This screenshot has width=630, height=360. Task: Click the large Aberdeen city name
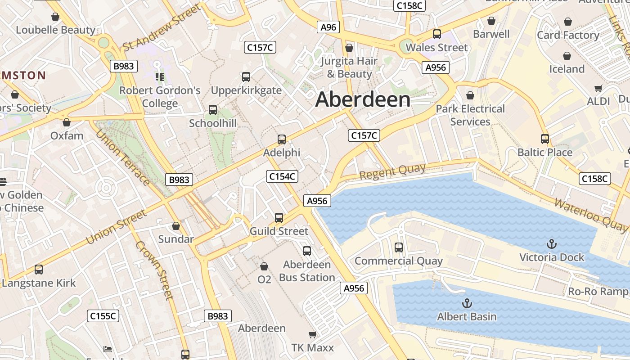click(363, 100)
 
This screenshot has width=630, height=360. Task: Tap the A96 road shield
click(328, 27)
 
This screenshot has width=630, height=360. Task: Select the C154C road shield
click(282, 176)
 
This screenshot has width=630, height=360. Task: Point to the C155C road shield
click(103, 316)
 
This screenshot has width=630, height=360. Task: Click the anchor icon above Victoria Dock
click(551, 244)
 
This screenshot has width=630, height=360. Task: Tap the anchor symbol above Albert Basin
click(467, 303)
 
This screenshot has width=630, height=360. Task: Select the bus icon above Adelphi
click(282, 139)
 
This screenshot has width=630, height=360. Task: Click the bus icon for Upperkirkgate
click(246, 77)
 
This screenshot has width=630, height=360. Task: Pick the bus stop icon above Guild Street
click(279, 218)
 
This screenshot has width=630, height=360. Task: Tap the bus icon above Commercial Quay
click(399, 247)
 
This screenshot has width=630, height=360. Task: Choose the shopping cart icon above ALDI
click(598, 88)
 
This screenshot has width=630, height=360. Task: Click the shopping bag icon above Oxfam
click(67, 122)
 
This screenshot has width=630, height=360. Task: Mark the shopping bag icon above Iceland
click(567, 56)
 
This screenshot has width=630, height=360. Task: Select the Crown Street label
click(154, 270)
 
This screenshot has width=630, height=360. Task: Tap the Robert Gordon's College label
click(160, 97)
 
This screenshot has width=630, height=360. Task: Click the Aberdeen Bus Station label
click(307, 271)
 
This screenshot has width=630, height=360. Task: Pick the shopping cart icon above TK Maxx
click(312, 334)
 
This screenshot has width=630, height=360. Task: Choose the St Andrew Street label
click(162, 28)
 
